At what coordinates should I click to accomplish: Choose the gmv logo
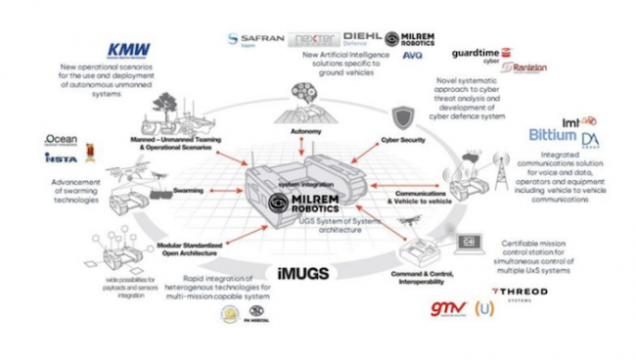point(446,310)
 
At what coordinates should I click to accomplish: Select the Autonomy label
point(306,129)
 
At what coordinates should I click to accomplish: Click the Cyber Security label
point(403,141)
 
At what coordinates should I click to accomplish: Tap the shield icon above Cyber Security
point(402,118)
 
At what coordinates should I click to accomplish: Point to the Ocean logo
point(61,141)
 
